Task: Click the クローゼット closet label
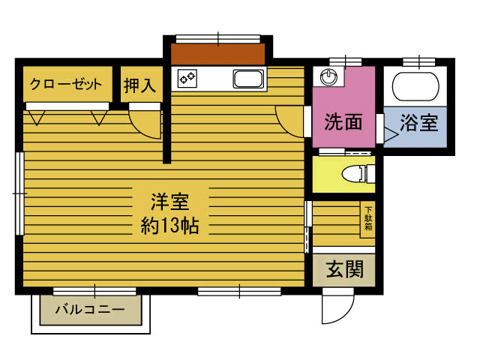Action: tap(66, 84)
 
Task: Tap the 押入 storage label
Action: tap(140, 85)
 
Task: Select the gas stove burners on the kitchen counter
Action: tap(187, 78)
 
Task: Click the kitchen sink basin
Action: tap(248, 79)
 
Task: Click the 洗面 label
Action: tap(343, 121)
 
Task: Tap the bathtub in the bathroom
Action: tap(415, 87)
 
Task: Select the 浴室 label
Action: tap(419, 122)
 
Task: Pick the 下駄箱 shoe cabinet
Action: tap(367, 219)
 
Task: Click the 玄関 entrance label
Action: tap(345, 270)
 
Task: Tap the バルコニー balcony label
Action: tap(90, 310)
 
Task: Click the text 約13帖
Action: tap(170, 226)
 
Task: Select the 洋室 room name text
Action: tap(170, 202)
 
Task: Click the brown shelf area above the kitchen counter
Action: tap(217, 54)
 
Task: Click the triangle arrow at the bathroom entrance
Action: tap(391, 134)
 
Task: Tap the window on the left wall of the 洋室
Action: tap(20, 193)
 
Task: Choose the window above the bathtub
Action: tap(418, 61)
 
